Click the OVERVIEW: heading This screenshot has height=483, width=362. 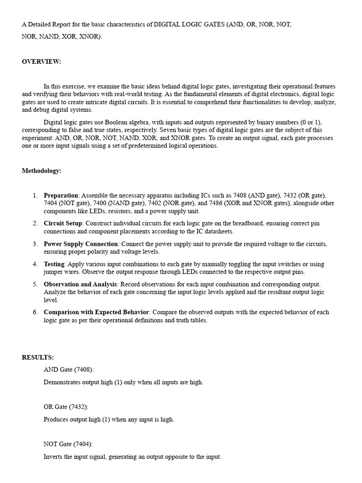(x=41, y=62)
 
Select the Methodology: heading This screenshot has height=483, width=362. (x=41, y=171)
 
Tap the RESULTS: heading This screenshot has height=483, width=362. (x=38, y=358)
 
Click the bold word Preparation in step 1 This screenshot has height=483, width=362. (x=61, y=195)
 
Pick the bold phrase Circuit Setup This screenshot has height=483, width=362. (x=63, y=223)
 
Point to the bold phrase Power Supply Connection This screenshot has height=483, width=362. (x=81, y=244)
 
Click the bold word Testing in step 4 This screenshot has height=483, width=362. (x=54, y=264)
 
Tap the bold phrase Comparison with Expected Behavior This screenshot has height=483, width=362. (x=97, y=312)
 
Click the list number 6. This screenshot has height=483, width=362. (x=35, y=312)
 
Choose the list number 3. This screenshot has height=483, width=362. (x=35, y=244)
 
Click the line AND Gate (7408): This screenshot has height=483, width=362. (x=69, y=369)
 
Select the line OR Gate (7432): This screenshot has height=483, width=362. (x=66, y=407)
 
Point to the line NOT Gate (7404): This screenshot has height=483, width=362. (x=68, y=444)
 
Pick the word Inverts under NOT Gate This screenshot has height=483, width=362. (x=52, y=457)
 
